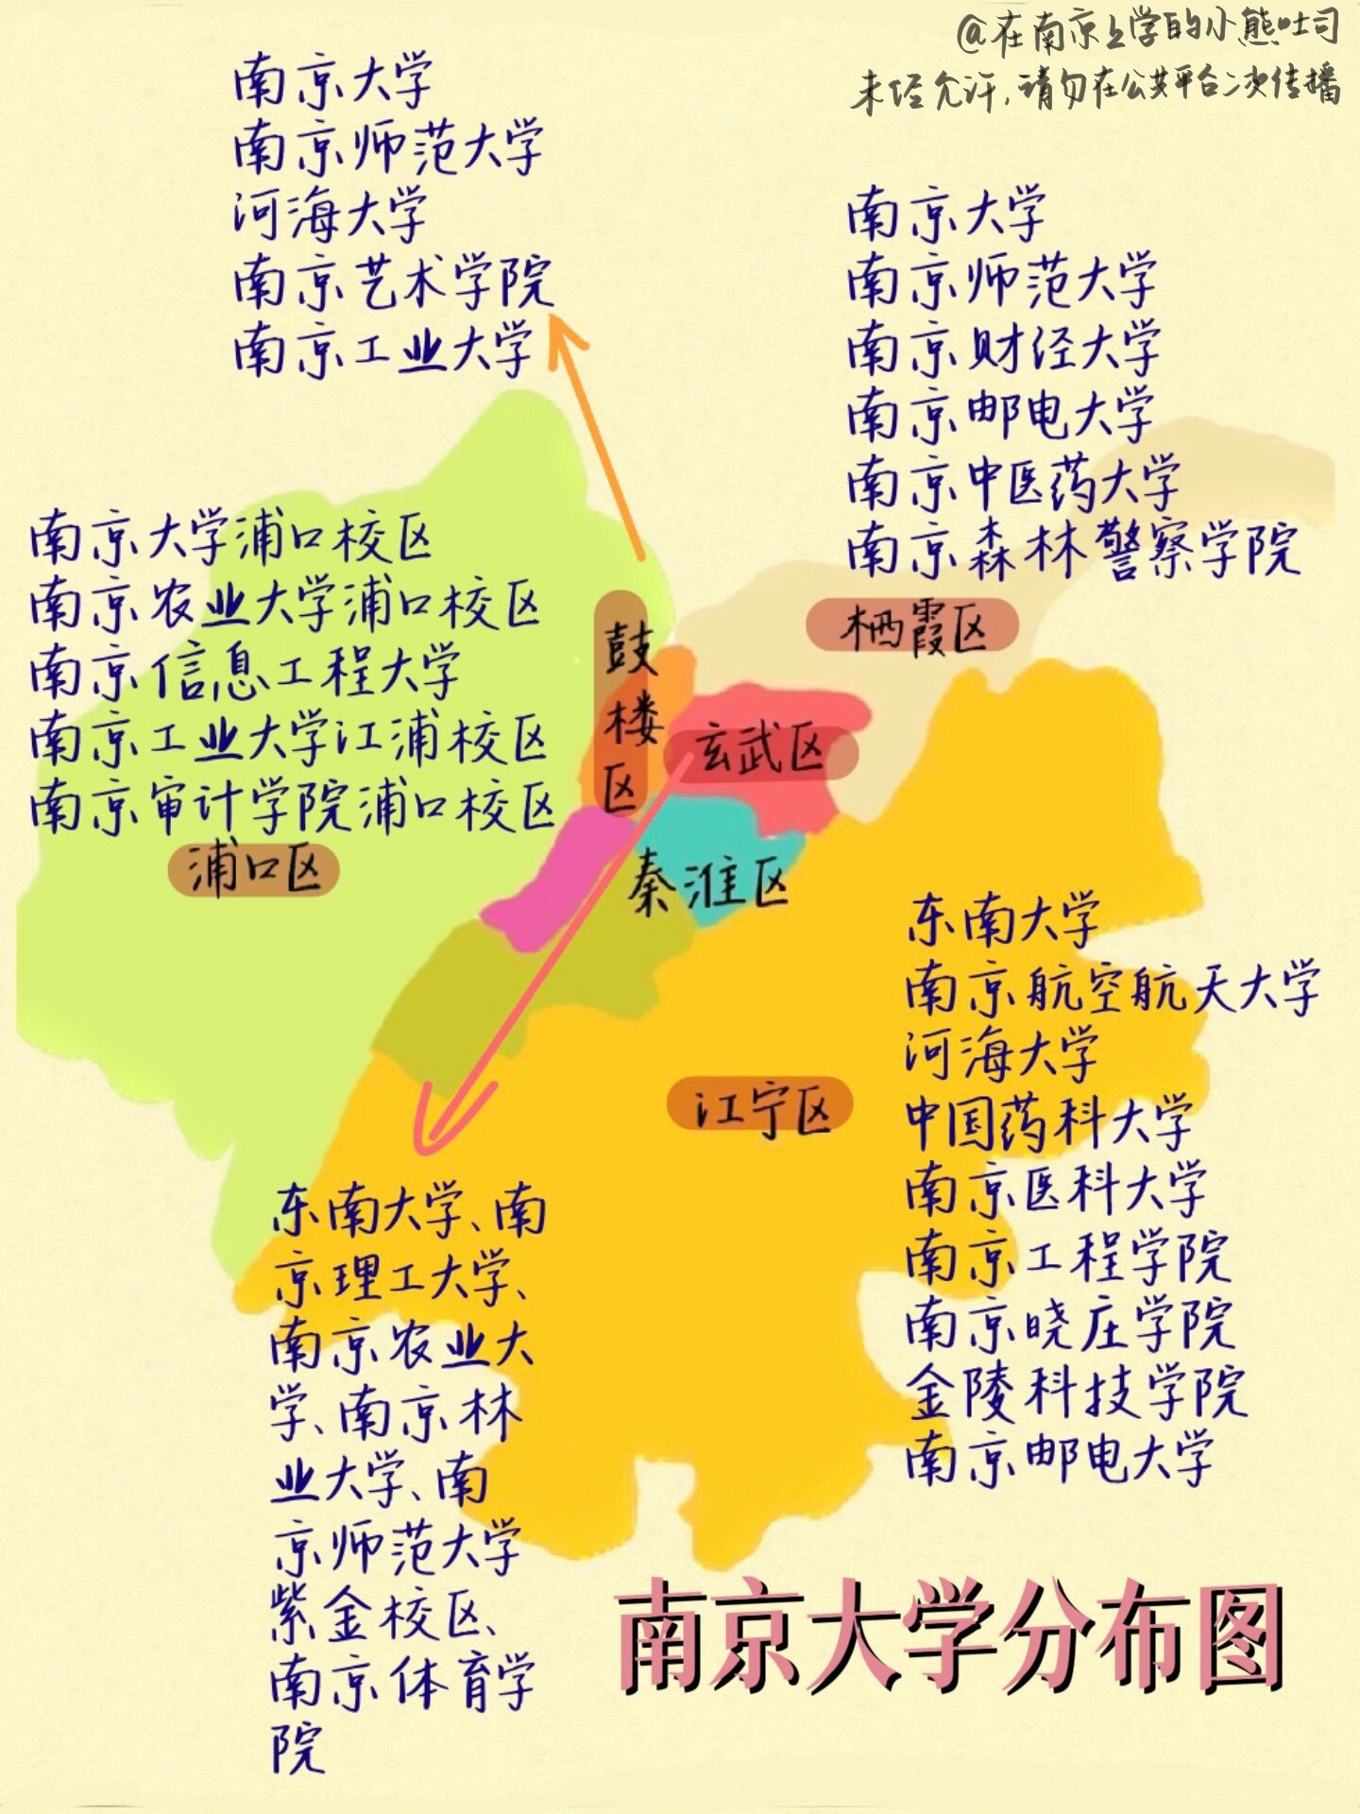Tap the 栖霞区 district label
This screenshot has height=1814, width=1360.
912,625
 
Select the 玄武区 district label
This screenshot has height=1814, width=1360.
761,752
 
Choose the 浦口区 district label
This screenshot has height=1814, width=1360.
253,870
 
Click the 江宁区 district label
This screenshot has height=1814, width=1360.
760,1105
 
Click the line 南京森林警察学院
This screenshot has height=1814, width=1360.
1072,548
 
